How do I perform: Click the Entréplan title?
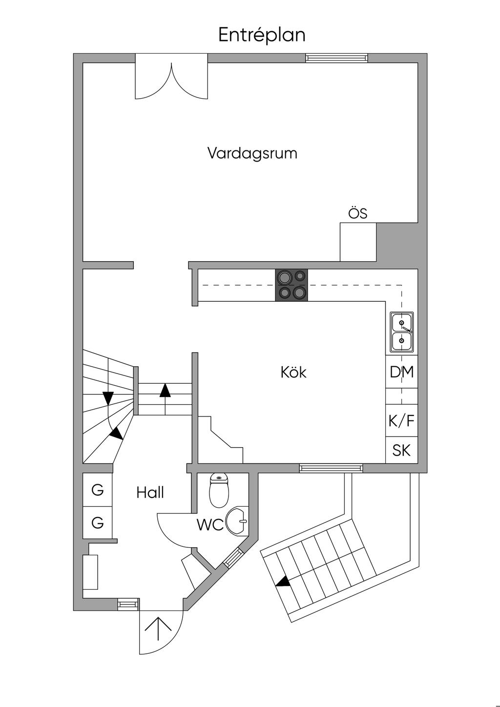[262, 36]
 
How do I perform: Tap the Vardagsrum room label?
[252, 153]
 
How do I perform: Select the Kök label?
[294, 373]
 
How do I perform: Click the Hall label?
[150, 493]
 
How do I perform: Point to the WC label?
[210, 525]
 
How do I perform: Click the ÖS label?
[358, 214]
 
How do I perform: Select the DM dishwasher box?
[402, 372]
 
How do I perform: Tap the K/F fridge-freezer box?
[402, 421]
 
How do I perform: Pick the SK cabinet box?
[402, 450]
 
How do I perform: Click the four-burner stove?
[292, 285]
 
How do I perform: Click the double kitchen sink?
[402, 332]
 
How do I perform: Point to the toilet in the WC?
[219, 490]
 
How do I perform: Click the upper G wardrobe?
[98, 490]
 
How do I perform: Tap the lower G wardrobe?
[98, 523]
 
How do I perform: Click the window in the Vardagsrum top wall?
[336, 58]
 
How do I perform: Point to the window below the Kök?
[331, 468]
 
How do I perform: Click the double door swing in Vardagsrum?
[172, 81]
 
